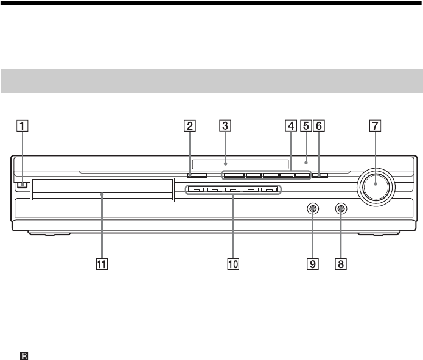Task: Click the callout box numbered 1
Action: coord(23,126)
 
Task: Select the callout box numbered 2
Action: coord(190,126)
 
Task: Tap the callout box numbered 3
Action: coord(225,126)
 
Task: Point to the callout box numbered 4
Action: coord(291,126)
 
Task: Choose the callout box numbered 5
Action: coord(306,126)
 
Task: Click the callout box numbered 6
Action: coord(319,126)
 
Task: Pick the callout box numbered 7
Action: coord(376,126)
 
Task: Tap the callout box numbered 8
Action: coord(341,264)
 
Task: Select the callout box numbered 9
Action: coord(313,264)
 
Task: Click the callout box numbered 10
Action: coord(233,264)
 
